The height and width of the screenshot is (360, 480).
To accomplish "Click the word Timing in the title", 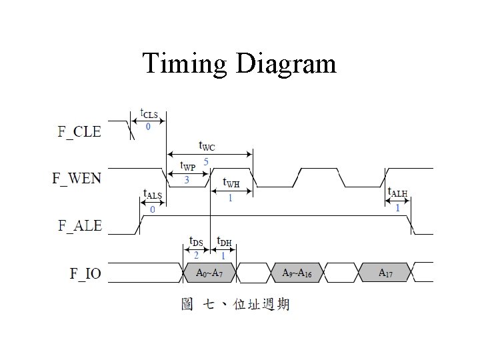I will [x=185, y=64].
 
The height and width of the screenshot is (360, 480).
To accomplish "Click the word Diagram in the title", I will [x=285, y=64].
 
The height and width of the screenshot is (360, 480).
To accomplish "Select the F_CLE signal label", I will [x=79, y=131].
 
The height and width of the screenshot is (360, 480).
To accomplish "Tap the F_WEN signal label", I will [x=77, y=178].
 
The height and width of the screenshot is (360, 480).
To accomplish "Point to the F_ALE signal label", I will [x=79, y=225].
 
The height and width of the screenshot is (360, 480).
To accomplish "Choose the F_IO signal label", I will [x=85, y=273].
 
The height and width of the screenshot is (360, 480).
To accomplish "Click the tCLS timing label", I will [x=149, y=114].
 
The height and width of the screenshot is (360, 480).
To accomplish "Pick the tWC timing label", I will [x=208, y=145].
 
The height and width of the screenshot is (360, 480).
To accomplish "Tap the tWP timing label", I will [x=187, y=166].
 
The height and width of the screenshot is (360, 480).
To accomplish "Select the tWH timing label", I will [x=231, y=183].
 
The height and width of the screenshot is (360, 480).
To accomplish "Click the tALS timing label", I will [x=153, y=194].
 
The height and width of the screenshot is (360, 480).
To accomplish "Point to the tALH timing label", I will [x=397, y=193].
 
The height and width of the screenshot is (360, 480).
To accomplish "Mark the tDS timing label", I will [x=197, y=241].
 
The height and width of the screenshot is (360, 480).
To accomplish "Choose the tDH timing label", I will [x=224, y=241].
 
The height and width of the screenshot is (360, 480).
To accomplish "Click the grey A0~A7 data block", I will [x=209, y=273].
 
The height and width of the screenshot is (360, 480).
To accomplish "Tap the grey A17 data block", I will [x=385, y=273].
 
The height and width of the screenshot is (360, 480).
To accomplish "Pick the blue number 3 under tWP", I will [x=186, y=180].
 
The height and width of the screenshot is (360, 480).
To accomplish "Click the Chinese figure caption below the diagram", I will [x=235, y=305].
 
